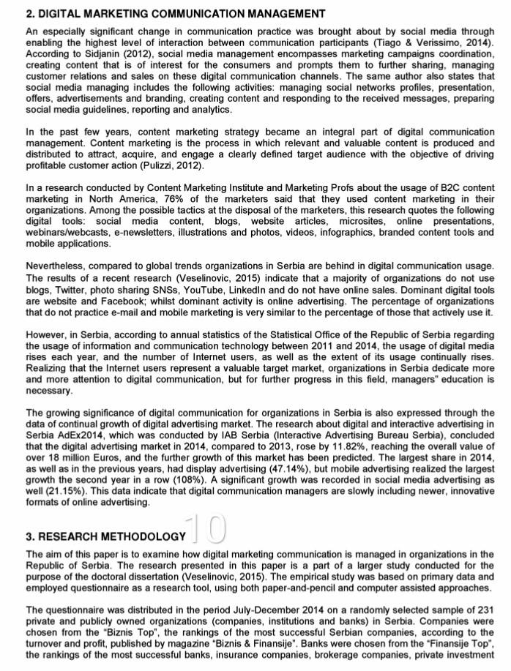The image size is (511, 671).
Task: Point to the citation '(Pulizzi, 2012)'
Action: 171,166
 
